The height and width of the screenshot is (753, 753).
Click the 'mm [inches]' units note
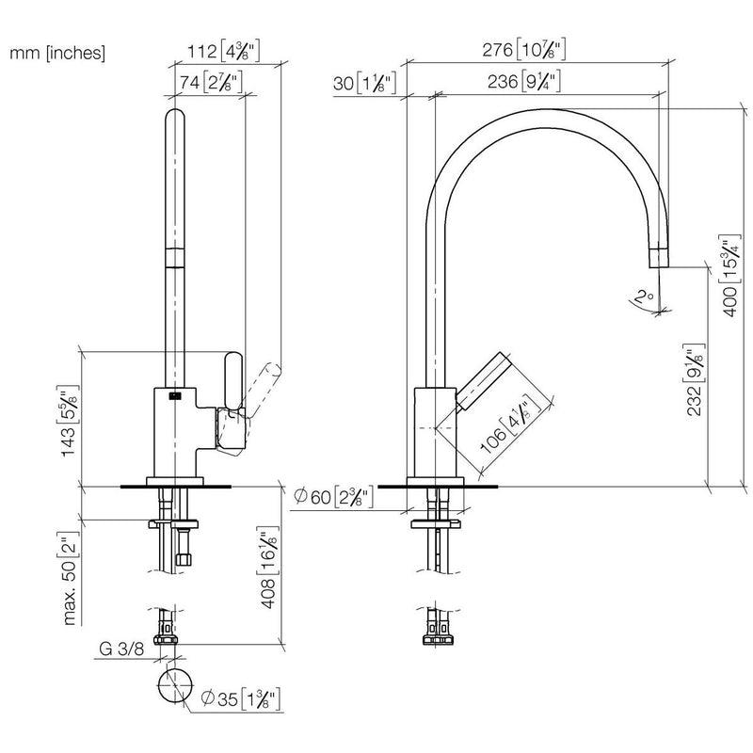[57, 53]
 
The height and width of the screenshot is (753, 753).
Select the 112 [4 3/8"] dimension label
[223, 51]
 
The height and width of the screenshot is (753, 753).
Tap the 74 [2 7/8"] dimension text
[211, 82]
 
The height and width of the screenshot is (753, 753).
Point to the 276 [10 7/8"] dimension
[524, 50]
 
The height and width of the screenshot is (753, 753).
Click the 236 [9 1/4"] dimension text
[524, 81]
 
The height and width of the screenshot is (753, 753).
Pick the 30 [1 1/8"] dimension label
[365, 83]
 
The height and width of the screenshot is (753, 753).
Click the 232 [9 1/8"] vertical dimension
[695, 379]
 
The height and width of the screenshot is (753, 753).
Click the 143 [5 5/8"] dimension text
[68, 421]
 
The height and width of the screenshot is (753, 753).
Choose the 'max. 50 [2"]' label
[70, 578]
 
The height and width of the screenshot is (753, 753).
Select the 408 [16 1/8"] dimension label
[269, 569]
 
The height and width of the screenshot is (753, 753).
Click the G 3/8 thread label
[121, 649]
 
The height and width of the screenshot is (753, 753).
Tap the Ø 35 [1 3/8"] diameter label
[241, 698]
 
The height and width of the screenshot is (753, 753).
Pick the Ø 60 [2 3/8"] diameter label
[333, 497]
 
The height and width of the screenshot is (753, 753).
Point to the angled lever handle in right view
[483, 382]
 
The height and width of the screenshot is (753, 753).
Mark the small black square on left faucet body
[174, 395]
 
